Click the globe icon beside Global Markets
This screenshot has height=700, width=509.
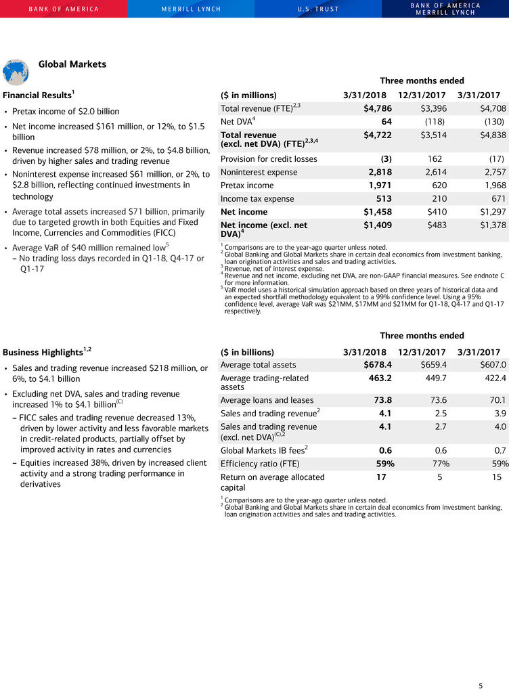[16, 71]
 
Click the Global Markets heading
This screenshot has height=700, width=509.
[72, 64]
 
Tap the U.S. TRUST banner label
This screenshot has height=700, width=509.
[317, 9]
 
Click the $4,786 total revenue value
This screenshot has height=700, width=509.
[374, 108]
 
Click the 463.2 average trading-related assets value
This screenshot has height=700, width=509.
[378, 378]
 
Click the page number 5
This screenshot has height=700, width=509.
[481, 686]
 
